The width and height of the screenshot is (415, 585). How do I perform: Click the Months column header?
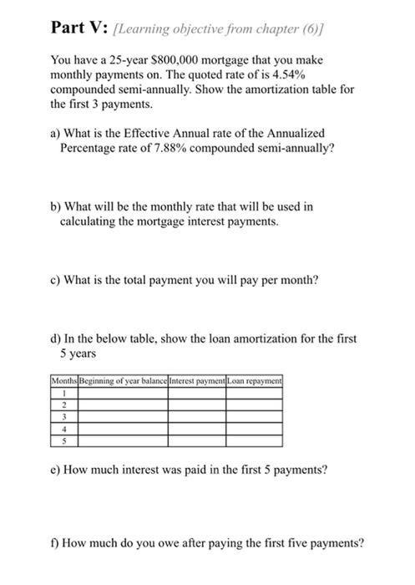coord(64,381)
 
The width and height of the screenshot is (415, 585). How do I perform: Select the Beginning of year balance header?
coord(123,381)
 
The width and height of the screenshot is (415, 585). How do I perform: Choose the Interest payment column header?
coord(197,381)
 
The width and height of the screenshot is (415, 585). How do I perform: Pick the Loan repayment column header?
coord(255,381)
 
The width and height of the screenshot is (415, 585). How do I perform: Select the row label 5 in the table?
coord(64,437)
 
